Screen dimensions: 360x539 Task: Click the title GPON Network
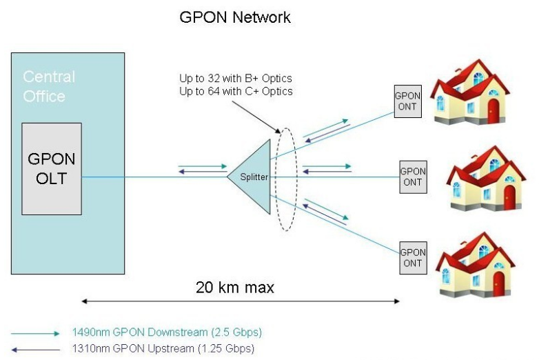(x=235, y=17)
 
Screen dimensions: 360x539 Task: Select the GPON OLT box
(x=52, y=168)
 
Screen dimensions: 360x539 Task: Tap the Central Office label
(x=49, y=86)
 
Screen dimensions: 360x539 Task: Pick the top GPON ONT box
(x=407, y=101)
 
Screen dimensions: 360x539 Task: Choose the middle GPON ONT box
(x=413, y=177)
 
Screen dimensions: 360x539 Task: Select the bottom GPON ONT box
(x=413, y=257)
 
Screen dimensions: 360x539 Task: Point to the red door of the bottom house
(x=498, y=283)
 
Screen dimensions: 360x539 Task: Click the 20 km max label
(x=234, y=288)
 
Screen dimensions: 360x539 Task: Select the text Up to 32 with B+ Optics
(x=235, y=78)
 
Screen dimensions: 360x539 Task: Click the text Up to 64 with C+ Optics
(x=236, y=91)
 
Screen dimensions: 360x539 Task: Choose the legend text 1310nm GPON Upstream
(x=163, y=348)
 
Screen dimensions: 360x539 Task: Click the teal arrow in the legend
(x=36, y=333)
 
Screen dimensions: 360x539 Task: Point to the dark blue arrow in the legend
(x=36, y=348)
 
